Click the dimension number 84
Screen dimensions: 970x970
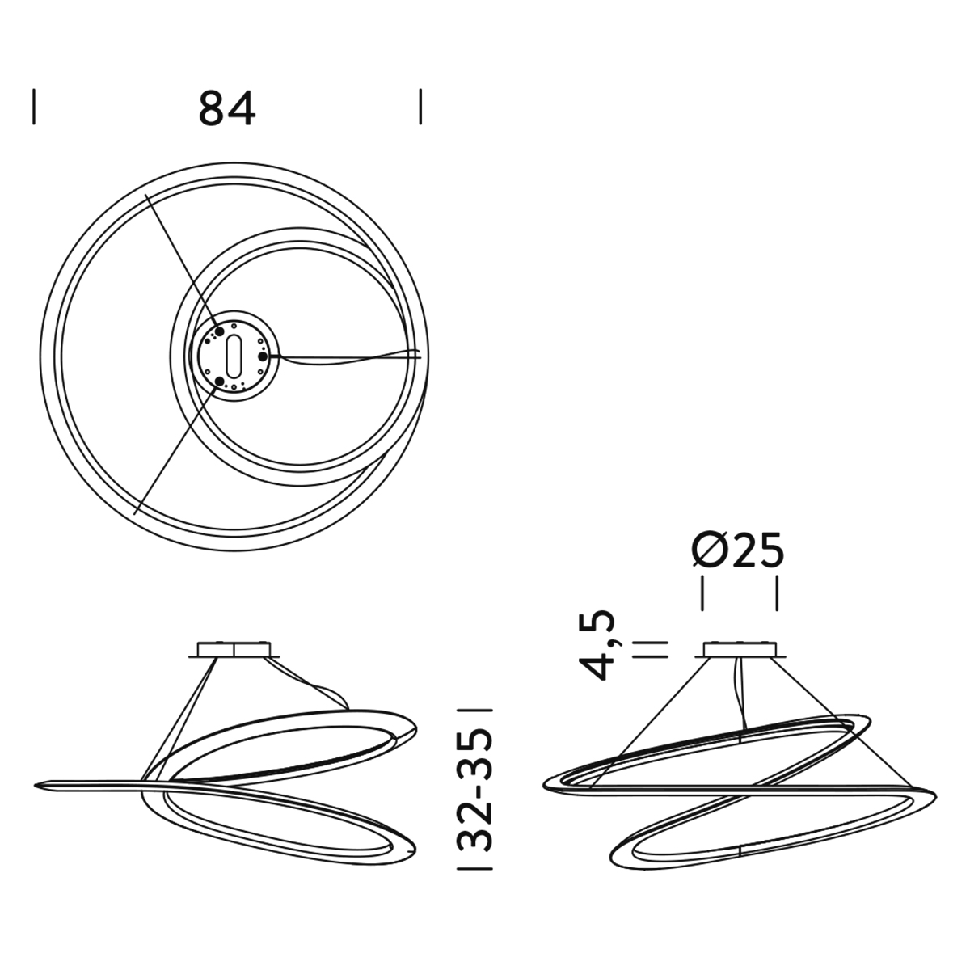coord(227,108)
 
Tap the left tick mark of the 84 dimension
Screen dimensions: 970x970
coord(34,106)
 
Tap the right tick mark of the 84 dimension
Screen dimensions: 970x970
coord(420,106)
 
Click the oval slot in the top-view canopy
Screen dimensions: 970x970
coord(234,356)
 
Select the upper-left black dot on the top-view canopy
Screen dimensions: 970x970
coord(220,331)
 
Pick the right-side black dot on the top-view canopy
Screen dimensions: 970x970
coord(263,356)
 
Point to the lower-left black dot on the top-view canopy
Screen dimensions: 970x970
coord(220,381)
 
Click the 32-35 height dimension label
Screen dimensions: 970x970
coord(476,789)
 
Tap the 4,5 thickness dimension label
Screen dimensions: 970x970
coord(597,645)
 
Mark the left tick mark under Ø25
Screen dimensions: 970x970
coord(702,593)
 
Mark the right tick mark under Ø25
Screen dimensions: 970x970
coord(777,593)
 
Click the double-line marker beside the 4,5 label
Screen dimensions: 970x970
coord(651,649)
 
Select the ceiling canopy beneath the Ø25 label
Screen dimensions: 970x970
coord(740,649)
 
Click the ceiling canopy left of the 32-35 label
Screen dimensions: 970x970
coord(234,649)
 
